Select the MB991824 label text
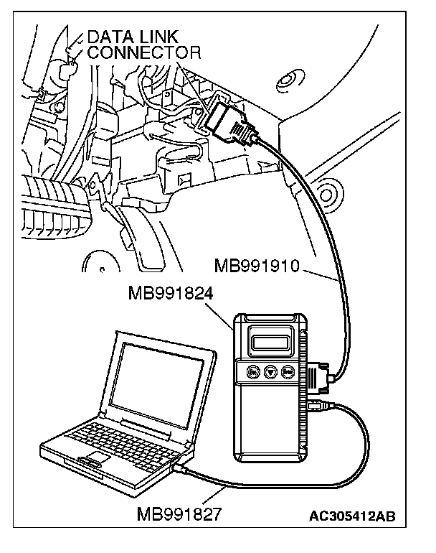click(x=173, y=294)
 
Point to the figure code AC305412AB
click(x=353, y=516)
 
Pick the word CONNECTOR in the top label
click(x=143, y=53)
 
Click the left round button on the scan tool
click(x=252, y=372)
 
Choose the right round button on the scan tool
click(x=287, y=372)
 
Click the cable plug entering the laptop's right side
click(x=182, y=468)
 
